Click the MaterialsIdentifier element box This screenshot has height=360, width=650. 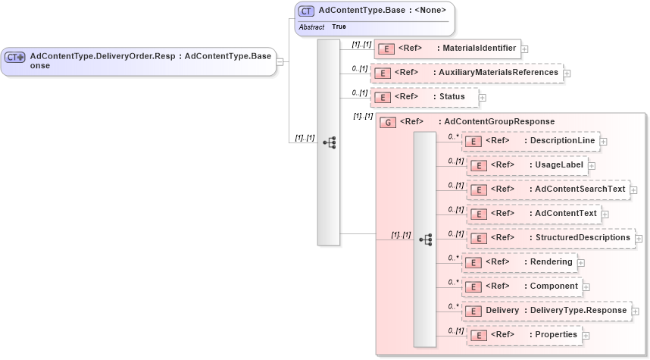[x=447, y=49]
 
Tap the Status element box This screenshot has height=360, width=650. [x=424, y=97]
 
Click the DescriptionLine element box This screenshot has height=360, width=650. [x=530, y=141]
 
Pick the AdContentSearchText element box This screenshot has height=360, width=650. [x=548, y=189]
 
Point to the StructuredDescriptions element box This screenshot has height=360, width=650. [x=550, y=238]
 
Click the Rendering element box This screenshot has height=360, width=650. [x=519, y=262]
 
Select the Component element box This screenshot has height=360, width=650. [x=521, y=286]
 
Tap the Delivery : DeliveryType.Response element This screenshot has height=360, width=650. [x=546, y=311]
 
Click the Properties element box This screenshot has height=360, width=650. [x=523, y=334]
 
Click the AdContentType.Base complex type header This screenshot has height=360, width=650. [x=374, y=11]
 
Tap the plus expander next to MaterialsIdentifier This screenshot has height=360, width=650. [x=524, y=49]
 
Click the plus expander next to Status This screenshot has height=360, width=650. [x=482, y=98]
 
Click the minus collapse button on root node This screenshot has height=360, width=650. [x=280, y=61]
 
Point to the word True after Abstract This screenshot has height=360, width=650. [x=339, y=27]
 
